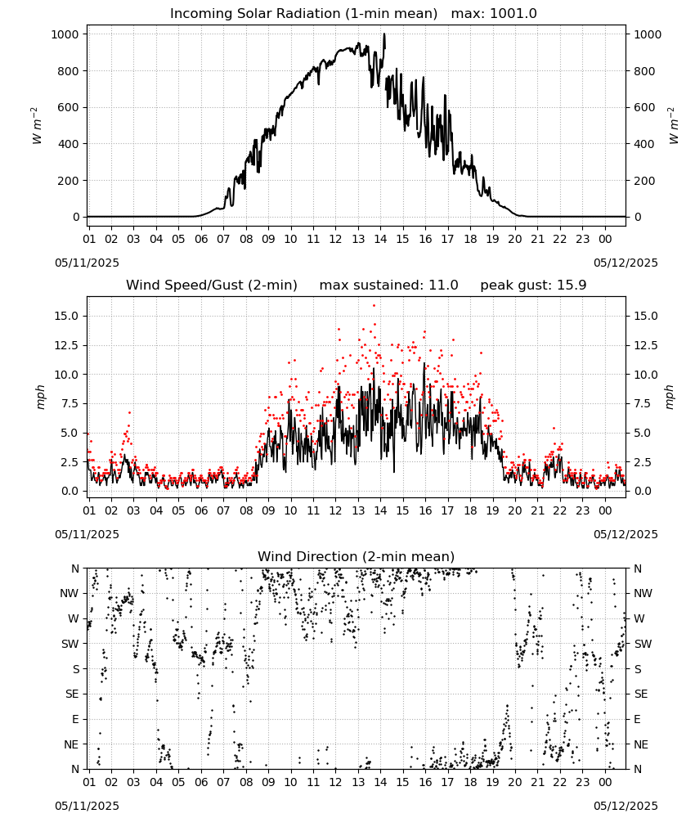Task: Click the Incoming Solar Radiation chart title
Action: [303, 14]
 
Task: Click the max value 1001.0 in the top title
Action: [513, 14]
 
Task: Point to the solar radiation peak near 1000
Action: [384, 34]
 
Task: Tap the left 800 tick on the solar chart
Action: [68, 71]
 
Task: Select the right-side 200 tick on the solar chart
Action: [644, 181]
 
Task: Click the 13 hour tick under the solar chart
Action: [357, 239]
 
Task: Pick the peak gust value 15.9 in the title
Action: [572, 285]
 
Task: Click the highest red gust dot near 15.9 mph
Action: [374, 306]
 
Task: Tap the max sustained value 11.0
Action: [444, 285]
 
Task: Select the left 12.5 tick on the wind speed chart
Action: [66, 345]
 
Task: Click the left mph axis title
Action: [40, 397]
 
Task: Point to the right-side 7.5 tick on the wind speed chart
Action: [643, 404]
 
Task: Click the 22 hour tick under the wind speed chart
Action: [559, 510]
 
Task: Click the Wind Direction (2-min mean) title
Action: [356, 556]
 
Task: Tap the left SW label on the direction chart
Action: [70, 644]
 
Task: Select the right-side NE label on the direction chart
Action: [641, 744]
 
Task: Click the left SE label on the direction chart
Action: [72, 694]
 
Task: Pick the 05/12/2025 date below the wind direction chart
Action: [625, 806]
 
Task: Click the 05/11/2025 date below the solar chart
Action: [87, 263]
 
